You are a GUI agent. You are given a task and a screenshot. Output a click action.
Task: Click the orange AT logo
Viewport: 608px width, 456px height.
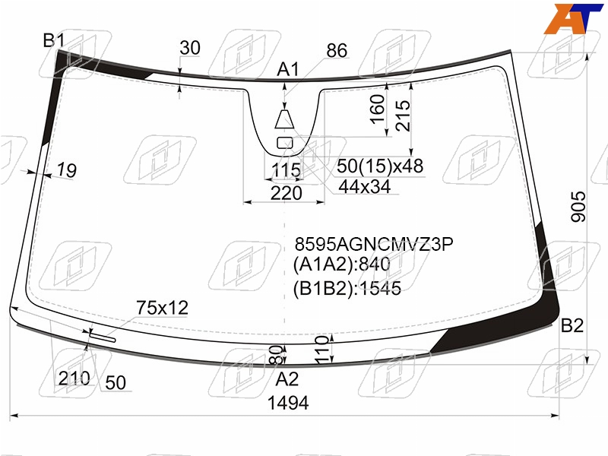tap(573, 18)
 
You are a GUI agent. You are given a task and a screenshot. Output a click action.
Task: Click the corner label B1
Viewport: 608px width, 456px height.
tap(53, 40)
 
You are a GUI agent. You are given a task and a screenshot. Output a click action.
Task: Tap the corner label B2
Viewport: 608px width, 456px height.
tap(572, 325)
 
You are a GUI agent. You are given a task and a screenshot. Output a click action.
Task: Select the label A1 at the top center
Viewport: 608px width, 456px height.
tap(288, 69)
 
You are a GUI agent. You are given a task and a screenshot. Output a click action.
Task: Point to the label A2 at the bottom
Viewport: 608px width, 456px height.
tap(287, 378)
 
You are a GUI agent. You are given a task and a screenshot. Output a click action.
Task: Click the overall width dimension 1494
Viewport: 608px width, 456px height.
tap(288, 404)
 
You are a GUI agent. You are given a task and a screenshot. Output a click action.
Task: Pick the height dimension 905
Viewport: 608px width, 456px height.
tap(578, 206)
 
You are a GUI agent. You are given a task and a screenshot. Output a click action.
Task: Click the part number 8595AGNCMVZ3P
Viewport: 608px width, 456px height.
tap(374, 244)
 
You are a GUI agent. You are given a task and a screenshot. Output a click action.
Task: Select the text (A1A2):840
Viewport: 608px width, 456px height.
tap(341, 264)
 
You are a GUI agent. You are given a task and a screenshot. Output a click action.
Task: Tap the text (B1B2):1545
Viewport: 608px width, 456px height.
tap(347, 289)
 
